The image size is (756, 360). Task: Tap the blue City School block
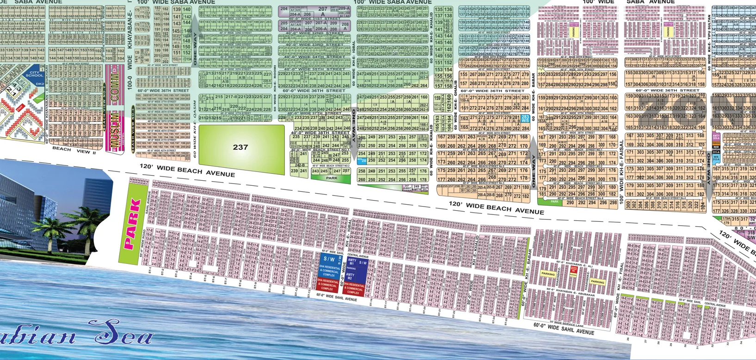[x=35, y=74]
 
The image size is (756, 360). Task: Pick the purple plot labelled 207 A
[x=322, y=11]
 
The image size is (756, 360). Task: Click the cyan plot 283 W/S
[x=525, y=119]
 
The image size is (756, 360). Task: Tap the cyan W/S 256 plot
[x=362, y=160]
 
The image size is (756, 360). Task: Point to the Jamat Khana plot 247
[x=407, y=187]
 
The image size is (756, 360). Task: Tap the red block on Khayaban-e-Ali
[x=573, y=268]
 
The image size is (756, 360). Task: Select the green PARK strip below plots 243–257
[x=332, y=178]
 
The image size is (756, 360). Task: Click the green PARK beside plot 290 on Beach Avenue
[x=554, y=202]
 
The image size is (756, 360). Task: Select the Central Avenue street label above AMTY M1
[x=357, y=256]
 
